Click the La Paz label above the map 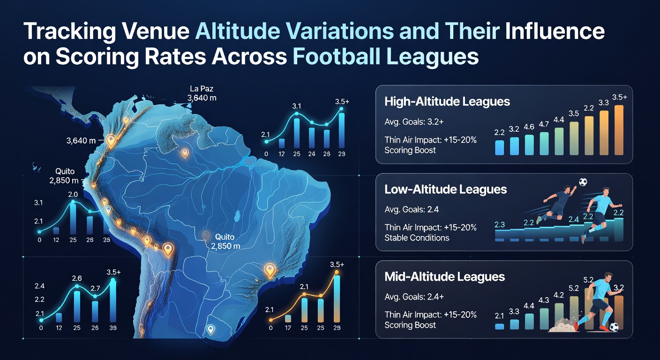pos(202,89)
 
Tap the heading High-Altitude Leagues pos(447,102)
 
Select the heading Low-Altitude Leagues pos(445,189)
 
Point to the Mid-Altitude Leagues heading pos(445,277)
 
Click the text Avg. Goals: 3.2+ pos(414,122)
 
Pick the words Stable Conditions pos(417,238)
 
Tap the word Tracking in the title pos(69,31)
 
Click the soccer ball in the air pos(583,182)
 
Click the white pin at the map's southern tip pos(210,330)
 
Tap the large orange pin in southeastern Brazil pos(270,271)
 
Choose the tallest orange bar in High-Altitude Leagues pos(619,130)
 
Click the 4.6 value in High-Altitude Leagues pos(529,127)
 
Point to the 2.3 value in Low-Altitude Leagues pos(500,225)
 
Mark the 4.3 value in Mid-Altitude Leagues pos(544,300)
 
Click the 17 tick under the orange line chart pos(287,328)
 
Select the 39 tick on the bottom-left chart pos(113,328)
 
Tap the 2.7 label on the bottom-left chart pos(95,288)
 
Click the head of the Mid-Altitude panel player pos(607,277)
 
